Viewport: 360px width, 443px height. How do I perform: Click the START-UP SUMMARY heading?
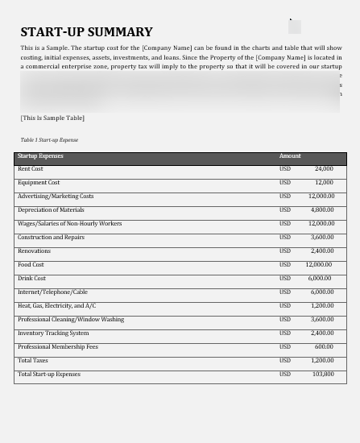(x=86, y=32)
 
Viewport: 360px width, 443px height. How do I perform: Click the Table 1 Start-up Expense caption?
(x=49, y=140)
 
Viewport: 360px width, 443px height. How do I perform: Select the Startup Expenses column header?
(x=40, y=156)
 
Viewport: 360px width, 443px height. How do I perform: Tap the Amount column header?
(x=290, y=156)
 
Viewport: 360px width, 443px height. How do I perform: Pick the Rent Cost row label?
(x=31, y=169)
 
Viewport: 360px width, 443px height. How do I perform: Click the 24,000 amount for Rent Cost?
(x=324, y=169)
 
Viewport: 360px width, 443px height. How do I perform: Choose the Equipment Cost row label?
(x=39, y=183)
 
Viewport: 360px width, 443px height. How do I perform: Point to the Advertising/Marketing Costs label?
(x=56, y=197)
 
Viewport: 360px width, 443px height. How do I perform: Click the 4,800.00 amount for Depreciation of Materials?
(x=322, y=210)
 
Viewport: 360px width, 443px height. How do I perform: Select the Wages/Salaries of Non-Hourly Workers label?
(x=69, y=224)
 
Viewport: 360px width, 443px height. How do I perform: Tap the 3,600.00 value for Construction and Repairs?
(x=322, y=238)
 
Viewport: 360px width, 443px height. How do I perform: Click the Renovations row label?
(x=34, y=251)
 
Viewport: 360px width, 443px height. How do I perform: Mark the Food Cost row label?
(x=31, y=265)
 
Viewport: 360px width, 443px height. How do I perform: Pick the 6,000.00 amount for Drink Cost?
(x=320, y=279)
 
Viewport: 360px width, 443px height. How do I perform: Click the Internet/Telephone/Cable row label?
(x=52, y=292)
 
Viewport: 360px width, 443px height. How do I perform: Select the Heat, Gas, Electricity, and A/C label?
(x=56, y=306)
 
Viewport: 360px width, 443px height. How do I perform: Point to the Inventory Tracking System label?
(x=53, y=333)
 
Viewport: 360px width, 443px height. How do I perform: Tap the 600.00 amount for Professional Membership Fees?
(x=324, y=347)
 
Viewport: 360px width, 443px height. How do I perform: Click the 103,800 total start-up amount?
(x=323, y=375)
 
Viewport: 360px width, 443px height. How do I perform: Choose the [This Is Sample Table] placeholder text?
(x=52, y=118)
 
